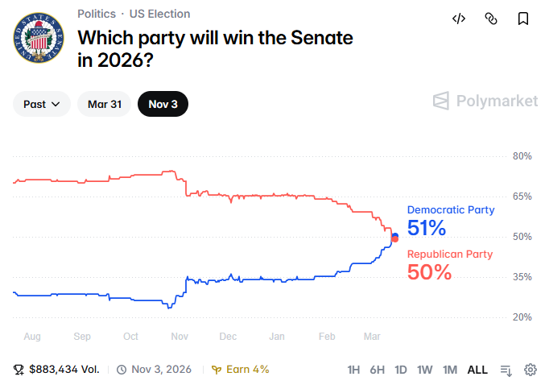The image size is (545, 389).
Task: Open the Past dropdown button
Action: point(42,104)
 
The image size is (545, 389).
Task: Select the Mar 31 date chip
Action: point(104,104)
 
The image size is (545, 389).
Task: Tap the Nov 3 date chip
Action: point(163,104)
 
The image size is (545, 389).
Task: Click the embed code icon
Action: point(459,19)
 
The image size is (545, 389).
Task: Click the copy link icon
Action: point(491,19)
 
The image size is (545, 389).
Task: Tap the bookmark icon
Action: point(523,19)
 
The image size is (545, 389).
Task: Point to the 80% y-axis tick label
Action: point(522,155)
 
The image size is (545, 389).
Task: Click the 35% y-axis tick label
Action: point(522,276)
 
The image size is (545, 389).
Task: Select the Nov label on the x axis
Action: point(180,336)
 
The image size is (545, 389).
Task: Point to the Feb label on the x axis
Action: point(327,336)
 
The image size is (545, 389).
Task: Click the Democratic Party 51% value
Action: point(427,228)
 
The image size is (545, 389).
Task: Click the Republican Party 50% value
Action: point(429,272)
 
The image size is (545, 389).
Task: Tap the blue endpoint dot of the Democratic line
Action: point(395,235)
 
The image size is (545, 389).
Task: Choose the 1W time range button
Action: point(425,370)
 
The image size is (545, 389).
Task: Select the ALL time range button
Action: point(477,370)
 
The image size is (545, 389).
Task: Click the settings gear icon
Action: point(531,370)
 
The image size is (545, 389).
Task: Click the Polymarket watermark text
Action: point(497,101)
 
